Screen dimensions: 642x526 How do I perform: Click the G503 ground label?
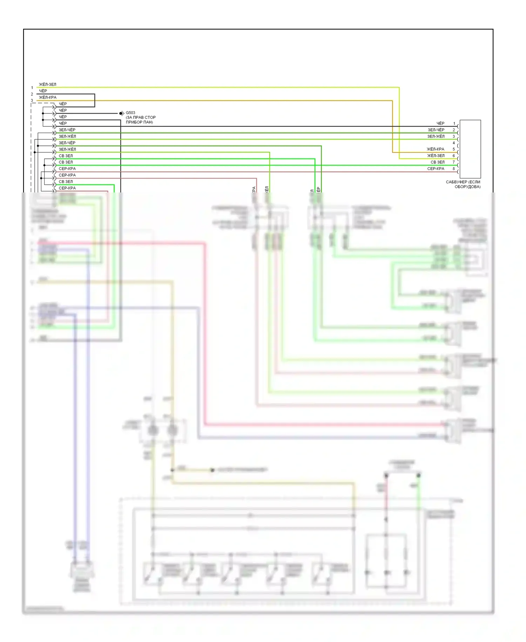[130, 113]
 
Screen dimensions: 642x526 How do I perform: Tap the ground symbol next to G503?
[121, 113]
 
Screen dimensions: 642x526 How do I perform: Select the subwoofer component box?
[470, 149]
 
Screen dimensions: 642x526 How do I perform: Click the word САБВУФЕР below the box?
[457, 182]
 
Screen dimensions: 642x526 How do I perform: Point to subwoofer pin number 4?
[453, 143]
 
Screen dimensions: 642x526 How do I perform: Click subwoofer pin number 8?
[453, 169]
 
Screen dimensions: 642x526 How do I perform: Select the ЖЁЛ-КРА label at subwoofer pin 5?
[436, 149]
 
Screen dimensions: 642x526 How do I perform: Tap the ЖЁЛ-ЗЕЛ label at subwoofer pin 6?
[436, 156]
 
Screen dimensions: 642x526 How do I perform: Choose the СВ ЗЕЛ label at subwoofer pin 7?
[437, 162]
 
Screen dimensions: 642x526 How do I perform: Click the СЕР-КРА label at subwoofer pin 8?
[436, 169]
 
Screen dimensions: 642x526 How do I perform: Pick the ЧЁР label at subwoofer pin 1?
[440, 123]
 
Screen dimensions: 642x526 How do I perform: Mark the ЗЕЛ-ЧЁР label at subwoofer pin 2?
[436, 130]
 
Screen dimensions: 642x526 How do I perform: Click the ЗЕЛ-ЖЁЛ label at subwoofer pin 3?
[436, 136]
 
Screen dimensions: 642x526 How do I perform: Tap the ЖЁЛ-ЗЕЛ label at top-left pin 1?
[47, 84]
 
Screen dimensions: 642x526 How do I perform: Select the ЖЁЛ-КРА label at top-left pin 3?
[47, 97]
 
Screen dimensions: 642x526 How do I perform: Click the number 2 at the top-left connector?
[32, 94]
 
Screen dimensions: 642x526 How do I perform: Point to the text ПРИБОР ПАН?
[139, 122]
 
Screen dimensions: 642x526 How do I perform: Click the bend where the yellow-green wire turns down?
[399, 87]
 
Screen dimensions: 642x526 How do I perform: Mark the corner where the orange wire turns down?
[392, 101]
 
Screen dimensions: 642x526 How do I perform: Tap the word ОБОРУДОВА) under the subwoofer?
[467, 187]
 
